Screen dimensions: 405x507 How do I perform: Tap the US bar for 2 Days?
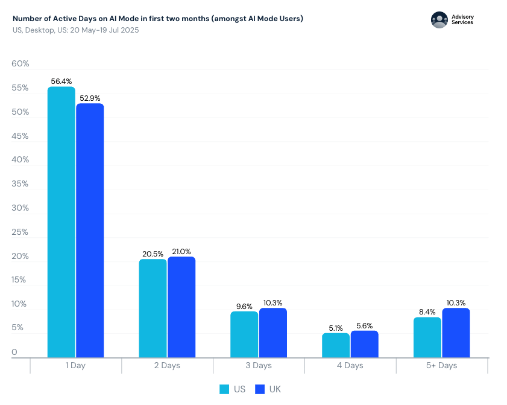[x=153, y=308]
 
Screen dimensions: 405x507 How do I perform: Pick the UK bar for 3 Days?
[x=273, y=333]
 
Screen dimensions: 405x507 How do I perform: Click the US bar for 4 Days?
[x=336, y=345]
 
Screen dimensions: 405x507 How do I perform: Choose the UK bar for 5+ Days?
[x=456, y=333]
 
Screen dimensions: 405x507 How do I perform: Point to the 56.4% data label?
[x=61, y=81]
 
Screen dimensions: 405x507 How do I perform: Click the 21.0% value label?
[x=181, y=251]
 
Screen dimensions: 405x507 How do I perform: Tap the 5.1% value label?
[x=336, y=328]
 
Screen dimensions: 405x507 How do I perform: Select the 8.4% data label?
[x=427, y=312]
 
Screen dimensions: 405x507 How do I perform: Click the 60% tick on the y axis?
[x=20, y=64]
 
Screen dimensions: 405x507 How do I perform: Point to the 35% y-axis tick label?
[x=20, y=184]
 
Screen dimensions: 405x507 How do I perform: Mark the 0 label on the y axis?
[x=14, y=352]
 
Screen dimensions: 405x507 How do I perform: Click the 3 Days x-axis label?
[x=258, y=366]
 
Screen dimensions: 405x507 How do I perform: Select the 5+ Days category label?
[x=441, y=366]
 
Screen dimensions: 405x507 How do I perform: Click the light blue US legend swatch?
[x=224, y=389]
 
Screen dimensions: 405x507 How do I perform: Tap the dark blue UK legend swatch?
[x=260, y=389]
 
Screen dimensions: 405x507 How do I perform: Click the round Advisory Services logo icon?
[x=439, y=20]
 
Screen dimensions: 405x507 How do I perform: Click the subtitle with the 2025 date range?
[x=75, y=30]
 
